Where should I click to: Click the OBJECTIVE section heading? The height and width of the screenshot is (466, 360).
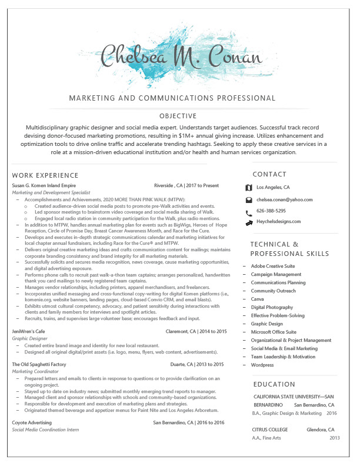point(178,116)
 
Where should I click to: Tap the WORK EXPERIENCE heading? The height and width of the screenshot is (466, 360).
point(45,175)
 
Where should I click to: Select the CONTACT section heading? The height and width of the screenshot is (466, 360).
point(270,174)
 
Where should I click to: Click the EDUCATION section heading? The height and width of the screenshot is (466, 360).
point(274,384)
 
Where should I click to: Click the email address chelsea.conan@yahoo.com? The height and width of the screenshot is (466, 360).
point(285,199)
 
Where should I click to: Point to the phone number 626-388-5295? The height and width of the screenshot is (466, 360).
point(271,210)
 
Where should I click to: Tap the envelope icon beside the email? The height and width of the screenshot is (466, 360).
point(249,200)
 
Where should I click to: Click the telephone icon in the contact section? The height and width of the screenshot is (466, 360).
point(249,211)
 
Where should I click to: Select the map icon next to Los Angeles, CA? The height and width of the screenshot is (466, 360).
point(249,188)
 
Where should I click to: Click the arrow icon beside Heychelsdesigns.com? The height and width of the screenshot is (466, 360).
point(249,222)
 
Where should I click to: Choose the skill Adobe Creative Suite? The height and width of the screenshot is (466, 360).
point(273,266)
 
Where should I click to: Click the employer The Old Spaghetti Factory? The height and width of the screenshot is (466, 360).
point(39,365)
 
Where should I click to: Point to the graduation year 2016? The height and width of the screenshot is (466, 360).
point(332,413)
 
